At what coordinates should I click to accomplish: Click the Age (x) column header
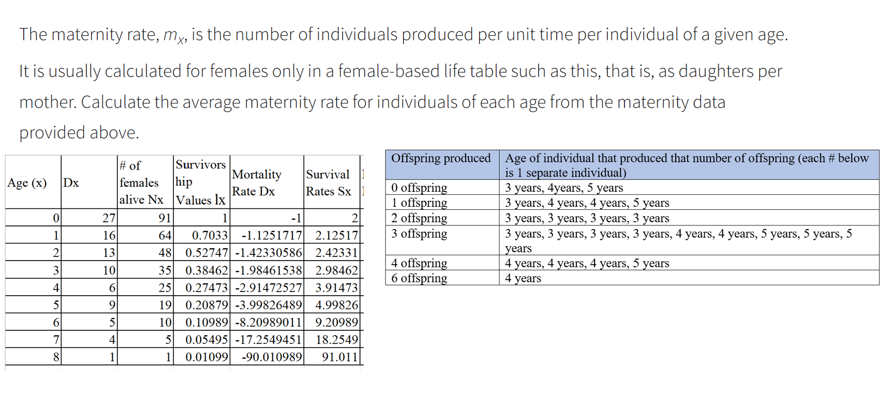(27, 183)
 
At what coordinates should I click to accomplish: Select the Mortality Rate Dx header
(257, 183)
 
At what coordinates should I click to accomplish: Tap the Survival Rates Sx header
(329, 183)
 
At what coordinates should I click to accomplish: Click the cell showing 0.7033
(210, 236)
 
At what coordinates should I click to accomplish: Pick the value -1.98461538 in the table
(268, 270)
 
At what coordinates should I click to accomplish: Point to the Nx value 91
(165, 218)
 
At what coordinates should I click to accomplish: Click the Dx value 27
(109, 218)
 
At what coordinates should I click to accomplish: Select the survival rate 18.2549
(337, 340)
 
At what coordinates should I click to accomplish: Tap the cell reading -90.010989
(272, 357)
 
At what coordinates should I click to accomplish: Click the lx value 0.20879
(206, 305)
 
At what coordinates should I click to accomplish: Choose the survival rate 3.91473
(336, 288)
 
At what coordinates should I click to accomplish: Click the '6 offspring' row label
(419, 278)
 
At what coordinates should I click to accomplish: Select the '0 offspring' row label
(419, 188)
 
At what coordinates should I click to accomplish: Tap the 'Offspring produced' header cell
(441, 158)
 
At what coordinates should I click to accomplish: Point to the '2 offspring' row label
(419, 218)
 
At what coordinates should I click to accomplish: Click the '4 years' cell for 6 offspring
(523, 278)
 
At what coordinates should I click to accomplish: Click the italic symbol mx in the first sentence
(174, 35)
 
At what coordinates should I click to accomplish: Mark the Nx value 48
(165, 253)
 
